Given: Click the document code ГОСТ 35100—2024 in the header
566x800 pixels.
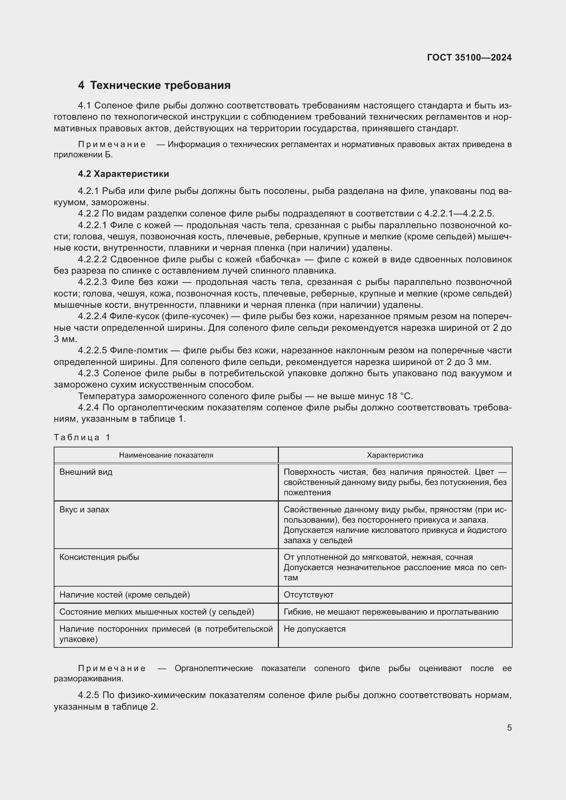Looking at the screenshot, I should coord(469,57).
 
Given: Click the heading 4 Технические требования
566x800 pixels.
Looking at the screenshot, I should coord(154,86).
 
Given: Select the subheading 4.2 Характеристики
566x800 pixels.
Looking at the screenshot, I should coord(124,174).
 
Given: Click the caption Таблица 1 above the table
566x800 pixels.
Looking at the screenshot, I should coord(82,438).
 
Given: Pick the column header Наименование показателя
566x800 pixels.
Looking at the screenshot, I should coord(166,455).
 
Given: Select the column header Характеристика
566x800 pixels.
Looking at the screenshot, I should coord(395,455).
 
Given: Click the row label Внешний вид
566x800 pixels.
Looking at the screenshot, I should coord(86,472).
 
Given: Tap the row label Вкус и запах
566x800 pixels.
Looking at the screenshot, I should coord(84,510).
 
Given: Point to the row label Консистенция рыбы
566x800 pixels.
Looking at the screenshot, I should coord(99,557).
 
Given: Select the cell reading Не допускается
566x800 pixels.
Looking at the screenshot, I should coord(314,629).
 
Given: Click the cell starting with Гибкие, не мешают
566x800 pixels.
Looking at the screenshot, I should coord(391,612).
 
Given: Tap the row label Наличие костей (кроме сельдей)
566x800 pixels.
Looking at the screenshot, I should coord(125,595).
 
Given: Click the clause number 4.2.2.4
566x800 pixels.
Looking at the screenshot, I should coord(92,316).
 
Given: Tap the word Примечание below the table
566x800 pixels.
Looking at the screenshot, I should coord(112,668).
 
